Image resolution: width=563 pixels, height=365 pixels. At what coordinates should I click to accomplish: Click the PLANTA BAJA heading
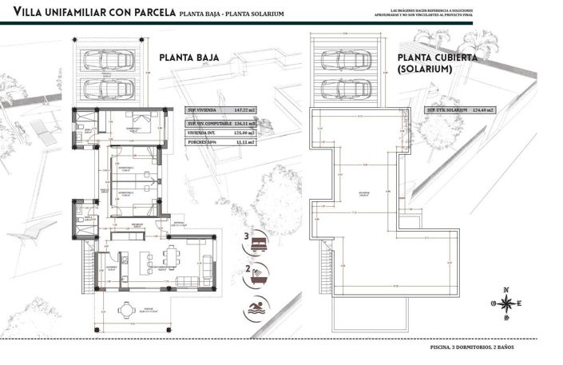189,58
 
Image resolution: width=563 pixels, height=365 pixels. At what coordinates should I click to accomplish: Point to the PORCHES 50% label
202,143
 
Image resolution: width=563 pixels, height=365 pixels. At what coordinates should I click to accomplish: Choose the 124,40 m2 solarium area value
482,110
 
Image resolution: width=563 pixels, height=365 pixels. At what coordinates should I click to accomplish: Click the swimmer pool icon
257,308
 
